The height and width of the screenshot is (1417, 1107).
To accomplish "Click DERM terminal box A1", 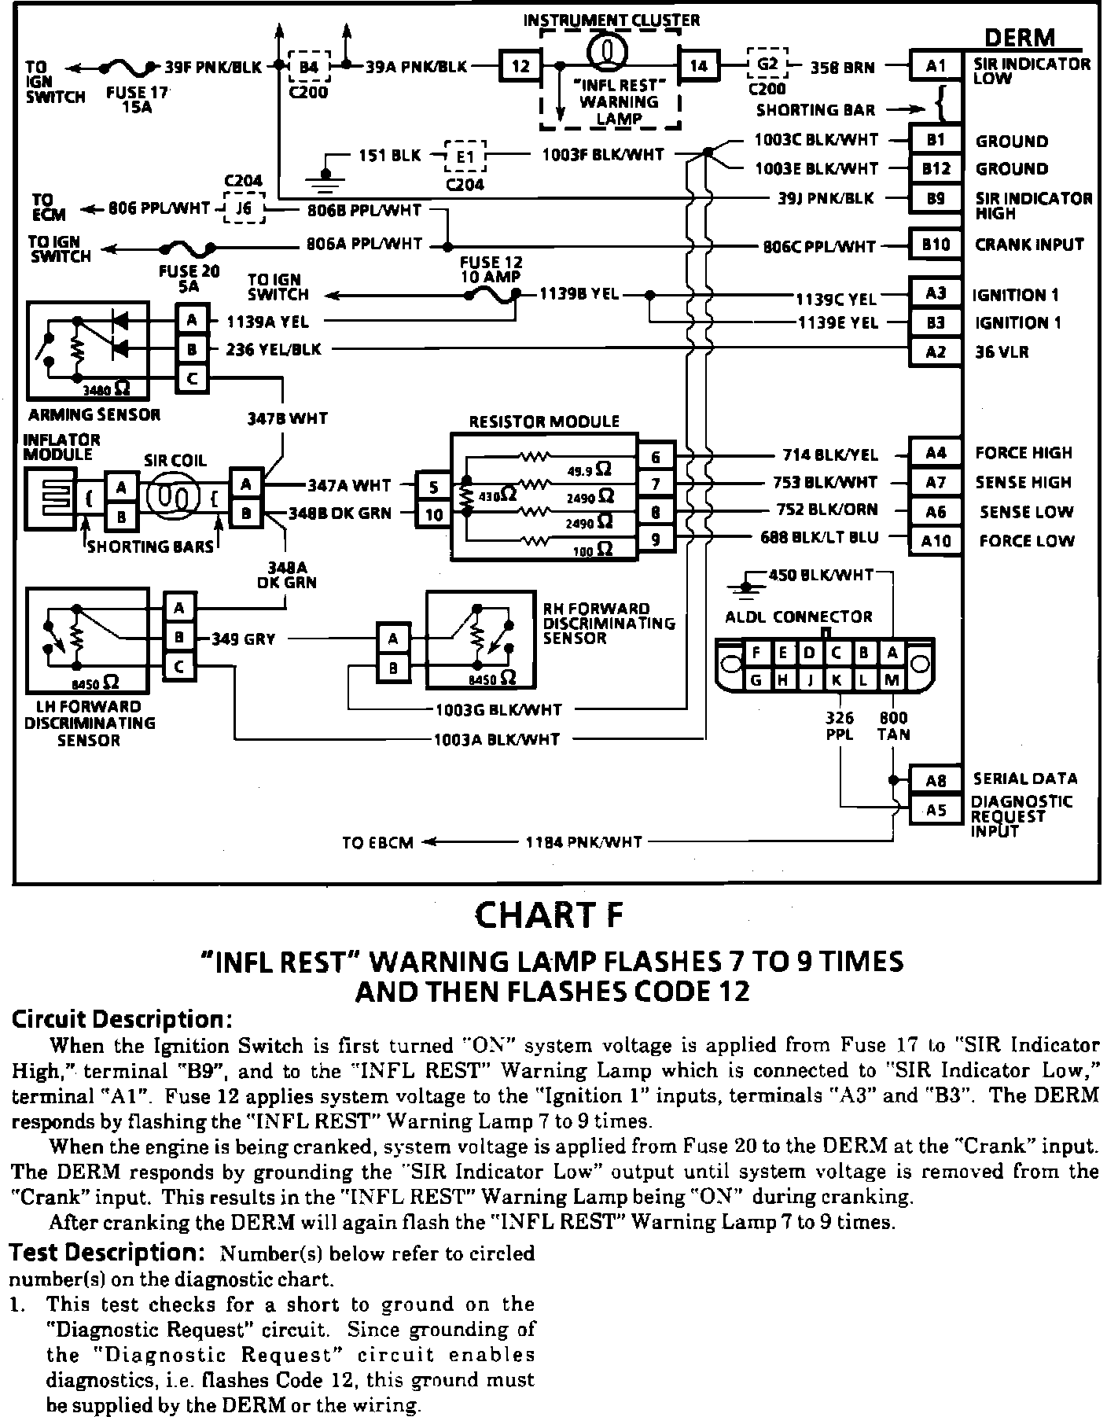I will click(935, 66).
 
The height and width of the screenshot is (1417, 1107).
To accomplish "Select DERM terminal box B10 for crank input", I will click(935, 245).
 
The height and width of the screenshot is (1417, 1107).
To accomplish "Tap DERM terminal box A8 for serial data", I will click(935, 780).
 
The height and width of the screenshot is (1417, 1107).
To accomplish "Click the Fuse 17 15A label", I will click(138, 98).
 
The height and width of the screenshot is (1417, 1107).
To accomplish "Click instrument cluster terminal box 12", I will click(520, 66).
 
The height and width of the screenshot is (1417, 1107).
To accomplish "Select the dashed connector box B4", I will click(309, 67).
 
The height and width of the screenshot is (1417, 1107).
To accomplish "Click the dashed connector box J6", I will click(245, 208).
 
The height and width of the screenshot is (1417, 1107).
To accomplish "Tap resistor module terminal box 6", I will click(656, 456).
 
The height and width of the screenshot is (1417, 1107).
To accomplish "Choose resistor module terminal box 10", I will click(434, 514).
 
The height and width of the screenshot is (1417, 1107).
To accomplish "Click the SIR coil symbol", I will click(175, 499).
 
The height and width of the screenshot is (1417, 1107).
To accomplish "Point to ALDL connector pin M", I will click(891, 679).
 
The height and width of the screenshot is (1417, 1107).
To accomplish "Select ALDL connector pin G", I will click(756, 679).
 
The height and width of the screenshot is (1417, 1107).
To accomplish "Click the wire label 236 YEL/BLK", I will click(274, 349).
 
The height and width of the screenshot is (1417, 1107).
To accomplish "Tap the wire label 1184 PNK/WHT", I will click(583, 842).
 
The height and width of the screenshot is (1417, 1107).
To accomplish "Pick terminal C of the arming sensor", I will click(192, 379).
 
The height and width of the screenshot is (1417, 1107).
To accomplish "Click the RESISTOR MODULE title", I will click(544, 421).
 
